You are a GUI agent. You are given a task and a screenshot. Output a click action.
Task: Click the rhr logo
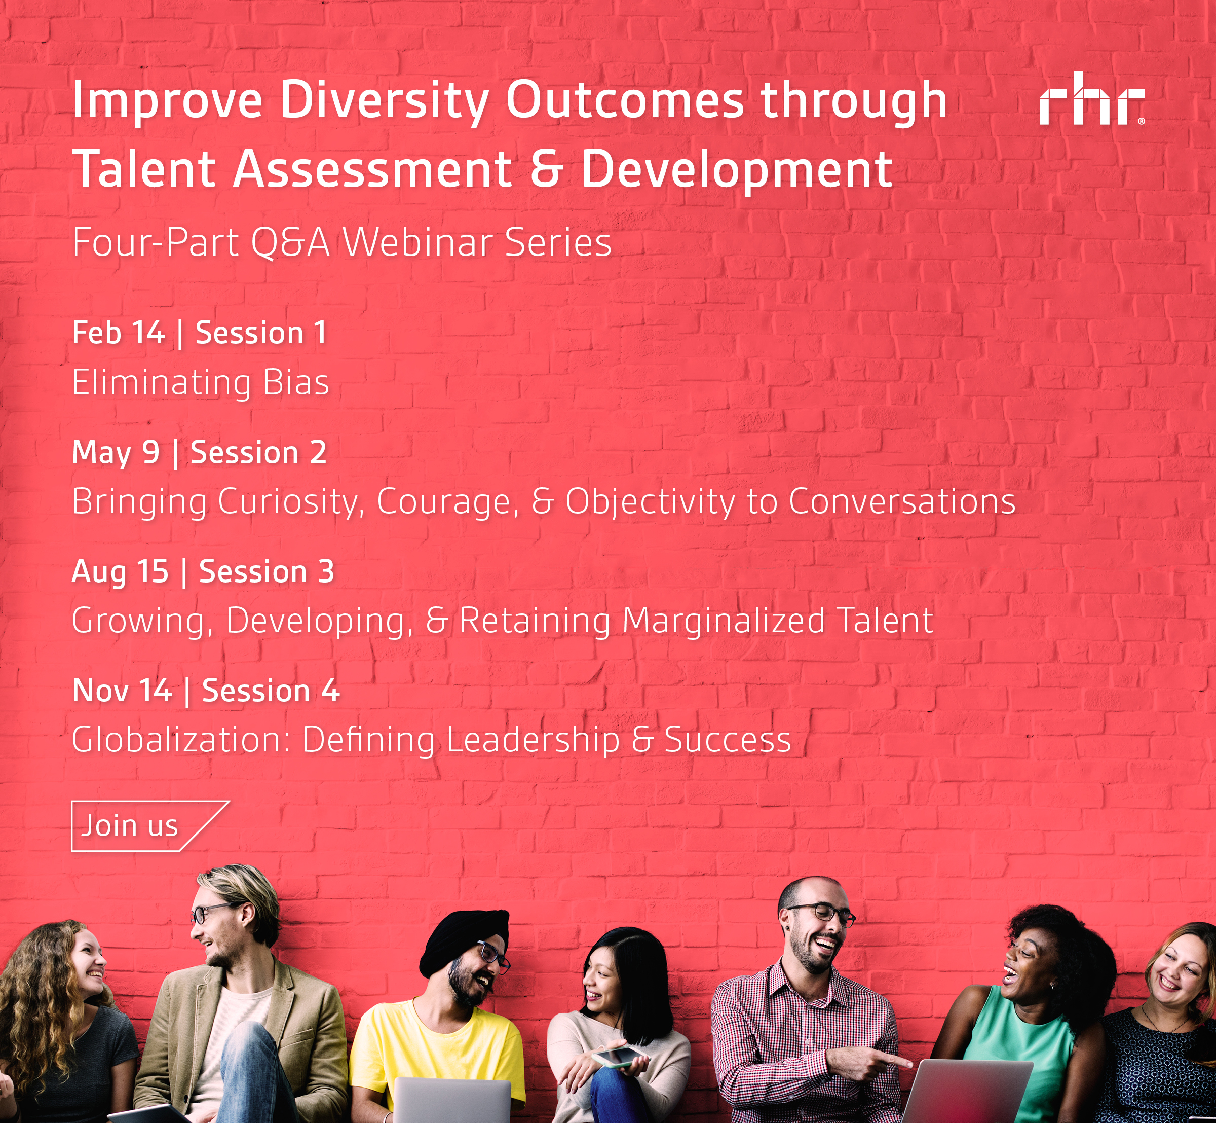pos(1091,98)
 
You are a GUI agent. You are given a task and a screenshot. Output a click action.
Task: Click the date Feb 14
pos(119,333)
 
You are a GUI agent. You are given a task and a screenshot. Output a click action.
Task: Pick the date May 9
pos(116,453)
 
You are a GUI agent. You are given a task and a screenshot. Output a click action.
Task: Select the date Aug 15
pos(120,572)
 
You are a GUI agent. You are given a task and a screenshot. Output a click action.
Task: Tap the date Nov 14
pos(122,691)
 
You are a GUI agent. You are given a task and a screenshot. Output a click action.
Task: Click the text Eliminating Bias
pos(201,383)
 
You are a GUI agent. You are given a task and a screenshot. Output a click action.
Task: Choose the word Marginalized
pos(723,622)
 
